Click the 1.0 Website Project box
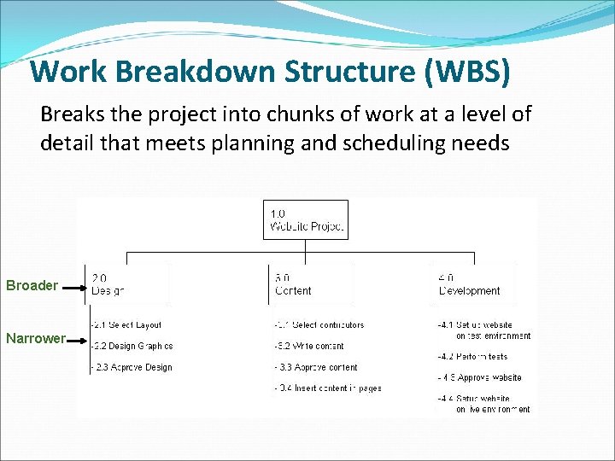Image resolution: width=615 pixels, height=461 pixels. pos(306,219)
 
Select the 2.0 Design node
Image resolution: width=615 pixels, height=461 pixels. pos(108,283)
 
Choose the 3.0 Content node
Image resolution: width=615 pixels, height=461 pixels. pos(293,283)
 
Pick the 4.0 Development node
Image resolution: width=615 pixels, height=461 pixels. pos(469,283)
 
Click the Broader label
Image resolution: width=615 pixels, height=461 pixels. pos(32,285)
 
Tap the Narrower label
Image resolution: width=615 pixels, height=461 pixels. pos(35,338)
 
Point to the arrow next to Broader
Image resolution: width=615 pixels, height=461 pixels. pos(74,286)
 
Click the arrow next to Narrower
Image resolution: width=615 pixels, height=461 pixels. pos(79,340)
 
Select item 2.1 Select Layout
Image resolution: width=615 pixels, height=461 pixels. pos(126,324)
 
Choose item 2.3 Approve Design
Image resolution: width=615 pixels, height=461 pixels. pos(132,367)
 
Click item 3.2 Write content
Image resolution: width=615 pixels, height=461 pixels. pos(309,346)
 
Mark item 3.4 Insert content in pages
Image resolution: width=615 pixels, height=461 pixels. pos(328,388)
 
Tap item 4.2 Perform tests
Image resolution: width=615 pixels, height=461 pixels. pos(471,356)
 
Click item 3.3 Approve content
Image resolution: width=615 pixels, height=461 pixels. pos(316,367)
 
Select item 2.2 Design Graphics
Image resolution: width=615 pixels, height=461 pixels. pos(132,346)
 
